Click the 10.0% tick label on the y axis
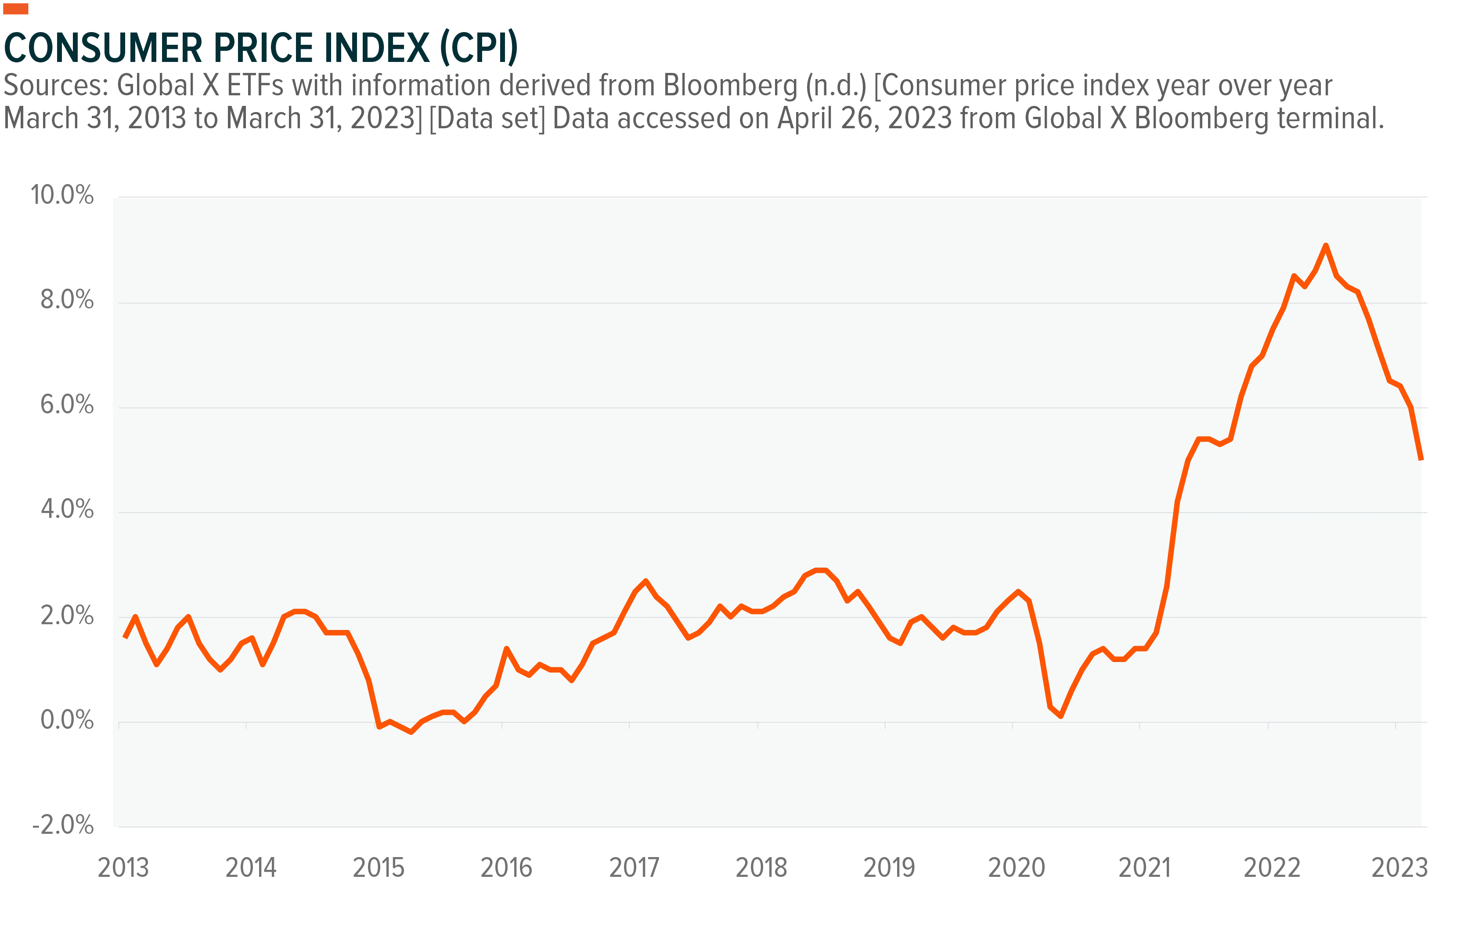[62, 195]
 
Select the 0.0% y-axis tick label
[67, 720]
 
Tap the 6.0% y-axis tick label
[67, 405]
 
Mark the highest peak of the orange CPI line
[1326, 245]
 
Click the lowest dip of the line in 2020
[1061, 716]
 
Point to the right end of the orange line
[1421, 459]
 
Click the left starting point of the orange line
[125, 637]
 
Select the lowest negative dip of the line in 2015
[411, 732]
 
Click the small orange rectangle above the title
[16, 8]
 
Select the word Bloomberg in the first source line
[731, 86]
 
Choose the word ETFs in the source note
[256, 86]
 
